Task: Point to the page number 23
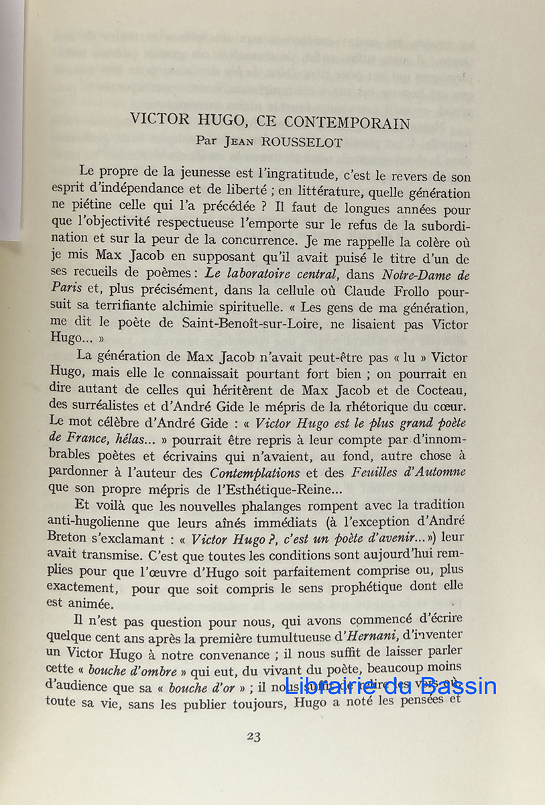(253, 736)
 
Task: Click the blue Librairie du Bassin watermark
(391, 686)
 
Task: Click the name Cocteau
(439, 390)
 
